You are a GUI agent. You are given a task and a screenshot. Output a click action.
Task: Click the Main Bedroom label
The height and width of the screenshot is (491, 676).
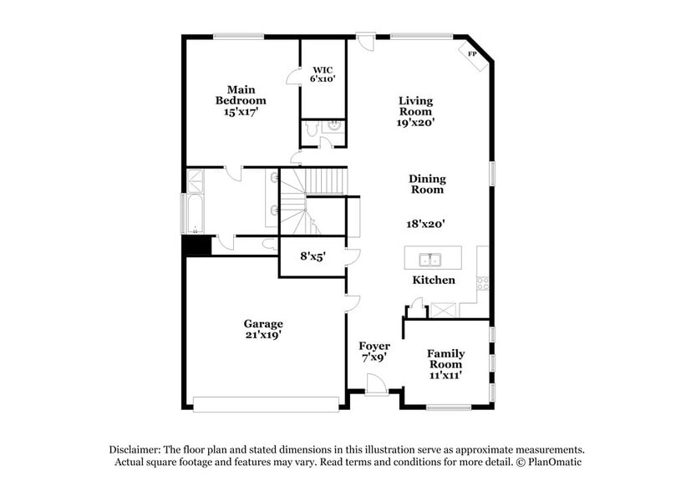point(241,100)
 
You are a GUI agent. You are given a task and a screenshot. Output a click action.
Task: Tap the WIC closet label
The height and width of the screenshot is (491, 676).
point(323,74)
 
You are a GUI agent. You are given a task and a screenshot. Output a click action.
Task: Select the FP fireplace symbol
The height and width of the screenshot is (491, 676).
point(472,54)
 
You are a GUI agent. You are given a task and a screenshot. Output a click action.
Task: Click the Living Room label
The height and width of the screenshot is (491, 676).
point(415,111)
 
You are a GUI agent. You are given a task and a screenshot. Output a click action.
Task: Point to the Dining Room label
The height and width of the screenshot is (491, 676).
point(427,184)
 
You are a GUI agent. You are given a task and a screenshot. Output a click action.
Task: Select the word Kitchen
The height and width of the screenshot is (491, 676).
point(434,280)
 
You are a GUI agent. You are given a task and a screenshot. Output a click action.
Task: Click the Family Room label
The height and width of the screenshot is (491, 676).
point(446,364)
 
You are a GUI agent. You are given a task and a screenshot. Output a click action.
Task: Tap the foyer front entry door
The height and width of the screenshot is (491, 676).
point(377,386)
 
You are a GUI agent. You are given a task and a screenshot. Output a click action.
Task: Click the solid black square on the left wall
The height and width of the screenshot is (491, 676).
point(197,246)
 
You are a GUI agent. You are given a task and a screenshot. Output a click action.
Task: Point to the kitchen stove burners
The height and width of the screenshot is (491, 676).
point(483,282)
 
